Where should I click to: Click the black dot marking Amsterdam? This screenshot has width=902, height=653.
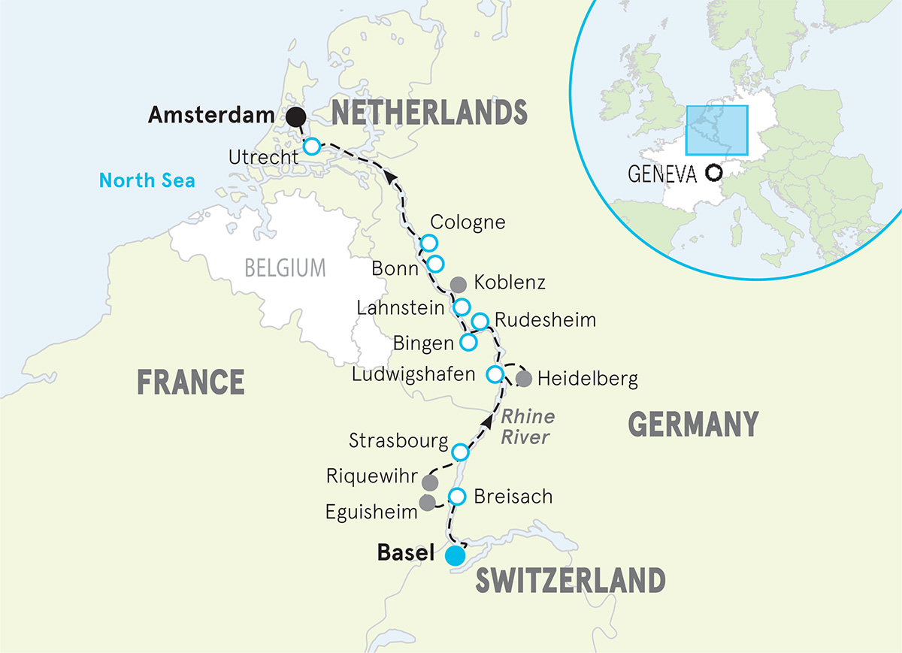pos(296,116)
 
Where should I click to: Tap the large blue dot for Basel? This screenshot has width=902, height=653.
pos(455,555)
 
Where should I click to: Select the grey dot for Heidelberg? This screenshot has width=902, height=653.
pos(524,379)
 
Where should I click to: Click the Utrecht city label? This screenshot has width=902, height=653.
pos(263,156)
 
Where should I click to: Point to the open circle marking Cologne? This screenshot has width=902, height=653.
pos(428,243)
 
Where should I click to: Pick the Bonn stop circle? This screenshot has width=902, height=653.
pos(435,263)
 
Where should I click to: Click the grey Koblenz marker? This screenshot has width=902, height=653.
pos(458,284)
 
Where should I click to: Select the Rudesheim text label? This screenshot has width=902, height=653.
pos(545,321)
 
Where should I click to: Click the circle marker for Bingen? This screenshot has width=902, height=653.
pos(468,342)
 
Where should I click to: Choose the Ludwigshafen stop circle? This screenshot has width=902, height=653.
pos(495,373)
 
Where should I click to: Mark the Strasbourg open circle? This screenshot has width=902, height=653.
pos(461,452)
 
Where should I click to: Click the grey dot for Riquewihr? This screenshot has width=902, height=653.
pos(430,482)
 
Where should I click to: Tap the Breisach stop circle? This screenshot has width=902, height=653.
pos(457,497)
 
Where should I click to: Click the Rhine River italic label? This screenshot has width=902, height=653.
pos(527,426)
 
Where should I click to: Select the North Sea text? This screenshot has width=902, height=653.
pos(147,180)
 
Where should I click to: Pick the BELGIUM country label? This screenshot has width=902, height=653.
pos(286,267)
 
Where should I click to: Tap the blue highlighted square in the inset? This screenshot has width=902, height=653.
pos(716,128)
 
